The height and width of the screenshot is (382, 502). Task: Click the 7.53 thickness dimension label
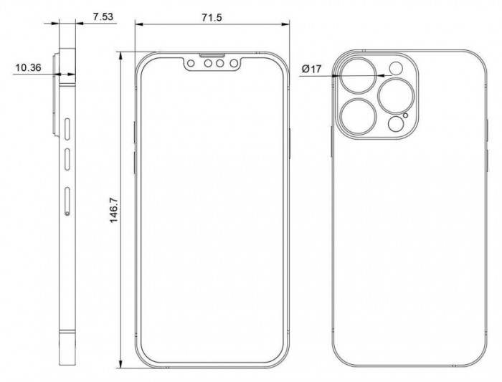[x=103, y=16]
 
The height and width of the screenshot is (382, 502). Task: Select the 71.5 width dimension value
[x=212, y=18]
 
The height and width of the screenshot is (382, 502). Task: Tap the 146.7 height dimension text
[x=114, y=210]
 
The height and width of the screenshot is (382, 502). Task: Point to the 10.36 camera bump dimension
[x=29, y=67]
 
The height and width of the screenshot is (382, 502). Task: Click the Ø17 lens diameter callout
[x=311, y=69]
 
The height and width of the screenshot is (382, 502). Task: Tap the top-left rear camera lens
[x=359, y=76]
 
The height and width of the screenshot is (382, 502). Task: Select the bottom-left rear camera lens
[x=359, y=116]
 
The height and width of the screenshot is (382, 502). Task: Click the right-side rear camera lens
[x=396, y=96]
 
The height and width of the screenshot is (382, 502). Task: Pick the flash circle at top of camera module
[x=396, y=69]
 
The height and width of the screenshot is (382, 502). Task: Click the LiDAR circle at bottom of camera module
[x=396, y=124]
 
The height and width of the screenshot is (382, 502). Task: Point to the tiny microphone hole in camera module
[x=406, y=115]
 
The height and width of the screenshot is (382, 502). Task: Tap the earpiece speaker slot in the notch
[x=212, y=55]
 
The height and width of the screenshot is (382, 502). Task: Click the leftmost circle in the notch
[x=191, y=63]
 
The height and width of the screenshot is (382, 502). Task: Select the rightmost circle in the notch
[x=234, y=63]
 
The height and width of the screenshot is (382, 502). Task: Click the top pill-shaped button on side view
[x=67, y=129]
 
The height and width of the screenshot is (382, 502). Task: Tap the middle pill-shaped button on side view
[x=67, y=159]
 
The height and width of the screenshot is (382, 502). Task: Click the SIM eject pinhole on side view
[x=67, y=213]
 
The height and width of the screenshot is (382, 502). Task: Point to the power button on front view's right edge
[x=290, y=143]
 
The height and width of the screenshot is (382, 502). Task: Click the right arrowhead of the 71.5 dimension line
[x=285, y=24]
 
